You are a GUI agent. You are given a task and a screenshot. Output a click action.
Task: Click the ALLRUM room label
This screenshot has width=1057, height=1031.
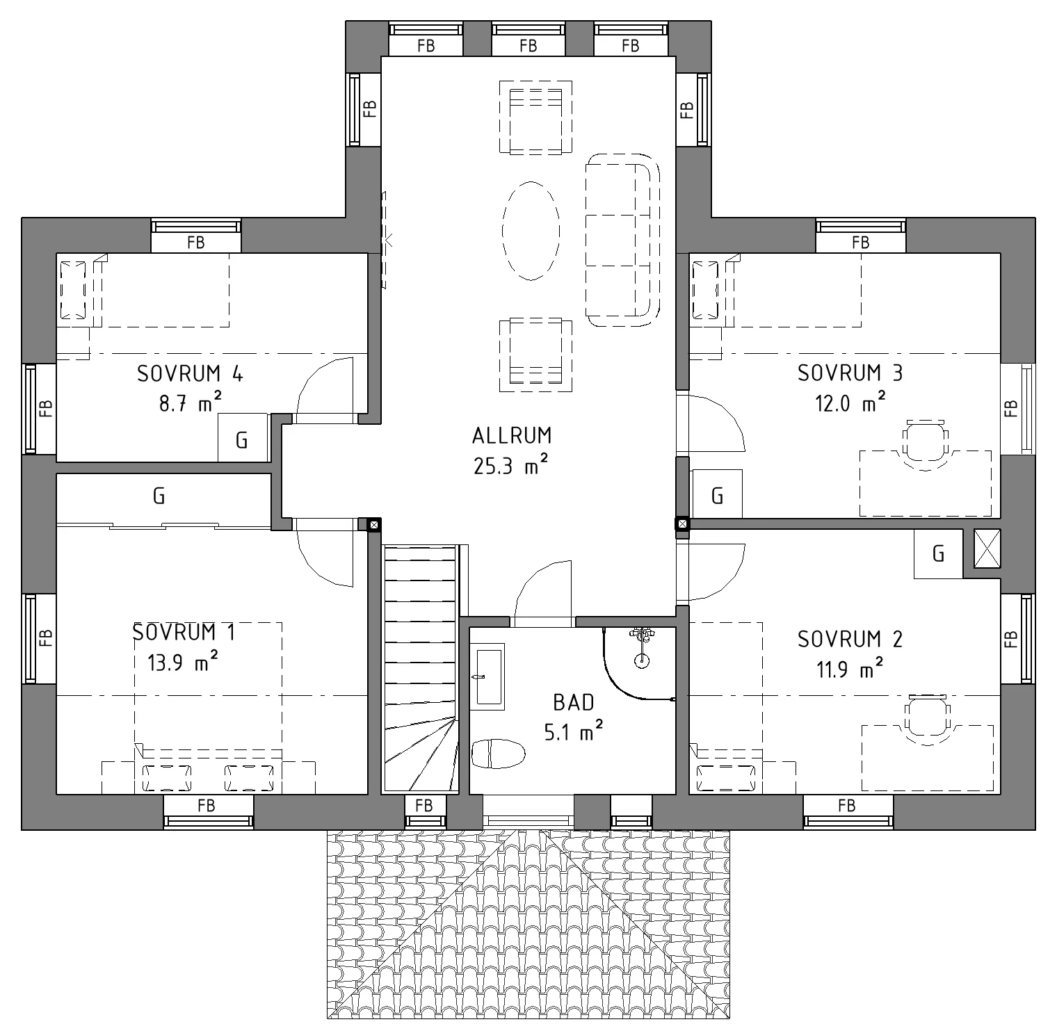pos(512,436)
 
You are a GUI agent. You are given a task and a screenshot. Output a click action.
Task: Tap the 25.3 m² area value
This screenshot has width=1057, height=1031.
pos(511,465)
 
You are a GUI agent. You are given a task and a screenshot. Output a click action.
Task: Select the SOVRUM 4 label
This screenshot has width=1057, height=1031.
pos(190,374)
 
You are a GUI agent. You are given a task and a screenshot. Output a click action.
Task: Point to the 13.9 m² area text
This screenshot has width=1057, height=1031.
pos(183,662)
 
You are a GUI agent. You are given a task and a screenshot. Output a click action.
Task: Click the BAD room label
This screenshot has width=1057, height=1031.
pos(574,703)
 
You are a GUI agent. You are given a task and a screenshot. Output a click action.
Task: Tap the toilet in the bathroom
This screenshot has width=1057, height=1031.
pos(498,754)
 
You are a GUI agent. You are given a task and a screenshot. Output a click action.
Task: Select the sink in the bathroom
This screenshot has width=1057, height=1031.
pos(487,676)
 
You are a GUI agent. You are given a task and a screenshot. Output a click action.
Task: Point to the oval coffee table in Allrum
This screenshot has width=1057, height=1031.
pos(531,230)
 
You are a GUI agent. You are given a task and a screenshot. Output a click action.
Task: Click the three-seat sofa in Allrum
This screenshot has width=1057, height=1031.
pos(622,240)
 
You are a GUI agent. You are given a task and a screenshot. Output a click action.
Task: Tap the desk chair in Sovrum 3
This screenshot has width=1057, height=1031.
pos(926,445)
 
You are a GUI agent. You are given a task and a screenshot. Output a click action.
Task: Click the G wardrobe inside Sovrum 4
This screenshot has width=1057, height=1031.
pos(243,438)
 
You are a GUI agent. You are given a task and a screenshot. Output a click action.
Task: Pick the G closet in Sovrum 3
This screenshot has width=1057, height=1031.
pos(717,494)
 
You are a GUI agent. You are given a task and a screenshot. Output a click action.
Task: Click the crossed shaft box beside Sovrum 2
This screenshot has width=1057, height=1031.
pos(987,548)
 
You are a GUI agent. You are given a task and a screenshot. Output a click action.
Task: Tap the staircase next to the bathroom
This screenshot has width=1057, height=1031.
pos(420,668)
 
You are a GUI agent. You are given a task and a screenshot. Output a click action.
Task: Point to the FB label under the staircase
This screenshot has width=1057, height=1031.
pos(423,805)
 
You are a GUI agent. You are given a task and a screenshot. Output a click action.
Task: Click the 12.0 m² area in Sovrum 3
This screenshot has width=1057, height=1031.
pos(850,403)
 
